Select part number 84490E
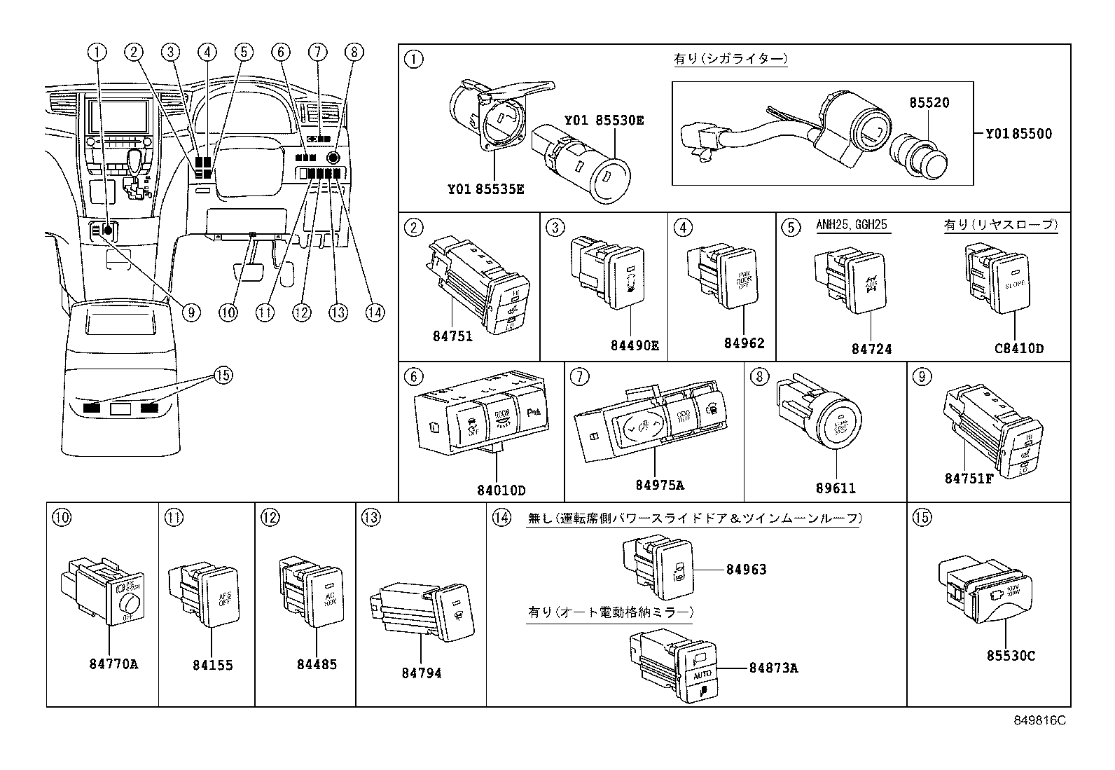634,345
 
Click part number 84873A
773,668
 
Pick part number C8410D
1019,348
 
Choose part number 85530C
1011,656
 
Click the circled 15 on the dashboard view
222,376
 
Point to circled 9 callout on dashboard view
191,312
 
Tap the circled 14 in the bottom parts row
500,518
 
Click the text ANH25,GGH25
851,225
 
